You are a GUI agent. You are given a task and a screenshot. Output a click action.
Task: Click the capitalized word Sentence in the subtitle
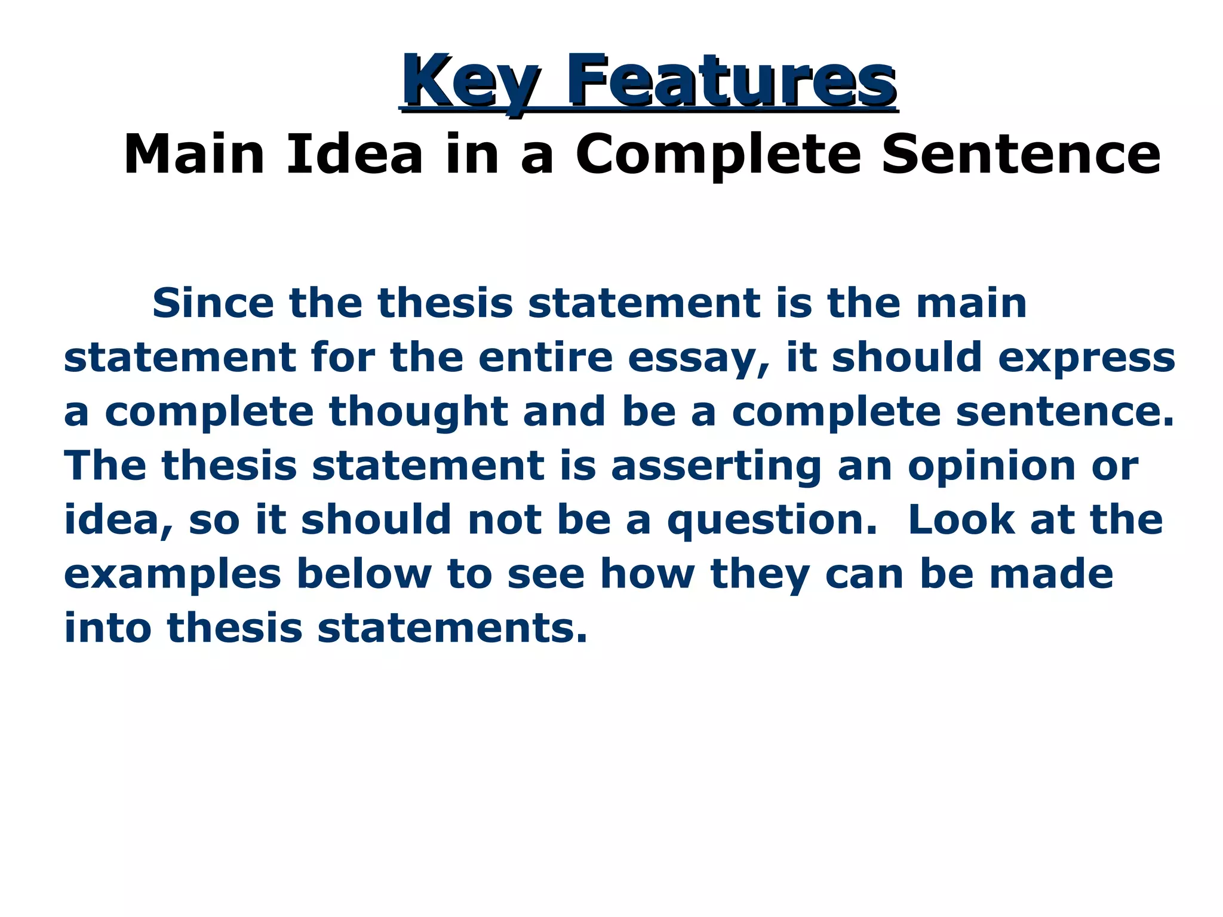coord(1021,155)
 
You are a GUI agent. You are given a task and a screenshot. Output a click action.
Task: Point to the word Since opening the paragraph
coord(213,303)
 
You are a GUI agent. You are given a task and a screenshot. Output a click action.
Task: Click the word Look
coord(961,520)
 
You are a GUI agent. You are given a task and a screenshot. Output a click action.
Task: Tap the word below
coord(364,574)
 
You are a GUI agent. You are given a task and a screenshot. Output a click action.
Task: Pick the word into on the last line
coord(107,628)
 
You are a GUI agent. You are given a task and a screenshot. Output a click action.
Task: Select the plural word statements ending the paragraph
coord(452,629)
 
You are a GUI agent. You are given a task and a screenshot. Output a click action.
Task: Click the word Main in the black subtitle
coord(193,155)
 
